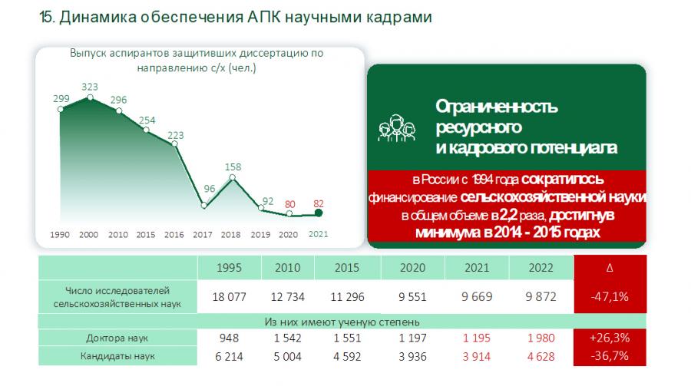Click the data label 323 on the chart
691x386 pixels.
coord(91,87)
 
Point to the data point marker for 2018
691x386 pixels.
coord(233,178)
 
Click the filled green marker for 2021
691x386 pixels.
coord(319,213)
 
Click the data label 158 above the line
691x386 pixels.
coord(233,166)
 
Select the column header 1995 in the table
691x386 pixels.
coord(229,269)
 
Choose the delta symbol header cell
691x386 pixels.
coord(609,269)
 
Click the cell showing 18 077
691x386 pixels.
coord(229,297)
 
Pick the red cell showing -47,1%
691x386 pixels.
coord(609,297)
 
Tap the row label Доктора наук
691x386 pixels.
coord(117,338)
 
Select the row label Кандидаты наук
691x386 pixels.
coord(117,356)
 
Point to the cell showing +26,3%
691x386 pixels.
coord(609,338)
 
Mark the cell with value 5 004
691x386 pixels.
coord(283,356)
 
